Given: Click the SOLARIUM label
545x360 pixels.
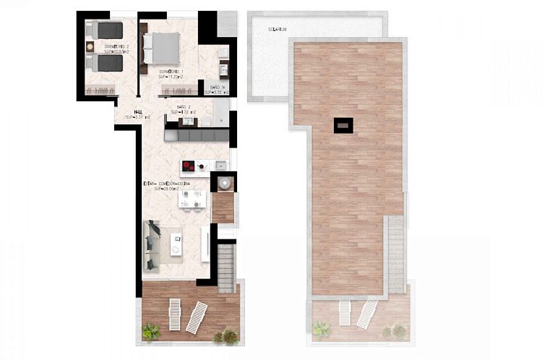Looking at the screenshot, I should tap(276, 30).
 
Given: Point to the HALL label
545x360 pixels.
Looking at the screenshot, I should tap(137, 112).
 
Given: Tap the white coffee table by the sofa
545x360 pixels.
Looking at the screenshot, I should tap(176, 243).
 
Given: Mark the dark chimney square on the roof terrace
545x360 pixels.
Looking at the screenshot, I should tap(343, 125).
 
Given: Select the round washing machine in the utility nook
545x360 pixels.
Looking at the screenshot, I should tap(223, 181).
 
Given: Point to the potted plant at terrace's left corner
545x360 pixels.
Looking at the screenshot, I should tap(152, 332).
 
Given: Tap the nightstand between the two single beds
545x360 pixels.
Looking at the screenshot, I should tap(90, 47).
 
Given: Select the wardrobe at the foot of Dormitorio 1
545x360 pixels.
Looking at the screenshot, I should tap(178, 90).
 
